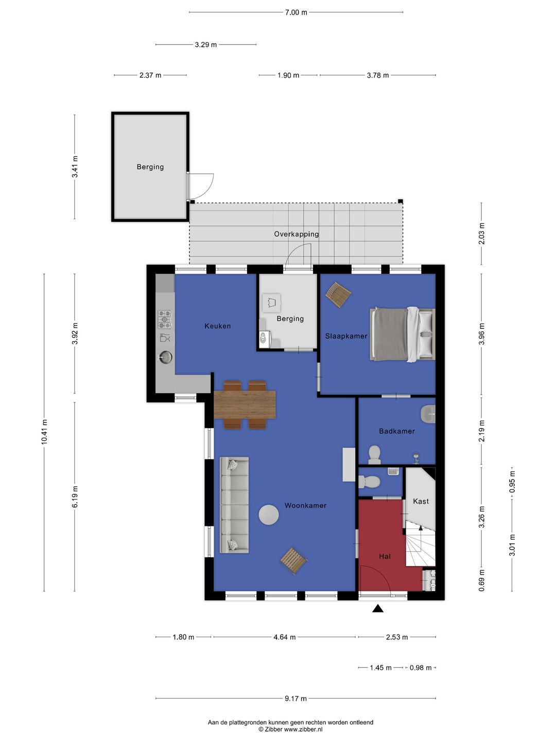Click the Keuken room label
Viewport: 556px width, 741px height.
[x=217, y=326]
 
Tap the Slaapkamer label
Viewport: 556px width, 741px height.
[x=346, y=336]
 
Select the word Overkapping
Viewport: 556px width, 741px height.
[x=296, y=234]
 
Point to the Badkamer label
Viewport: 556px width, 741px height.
[x=396, y=431]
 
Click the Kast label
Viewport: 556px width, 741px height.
[x=421, y=501]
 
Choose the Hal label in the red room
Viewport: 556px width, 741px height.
[x=385, y=556]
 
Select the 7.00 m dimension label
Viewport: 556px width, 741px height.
[x=296, y=12]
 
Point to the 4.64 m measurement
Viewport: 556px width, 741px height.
[x=284, y=637]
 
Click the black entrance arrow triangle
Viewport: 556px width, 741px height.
[x=378, y=608]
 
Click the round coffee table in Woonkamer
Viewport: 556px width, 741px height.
[x=269, y=515]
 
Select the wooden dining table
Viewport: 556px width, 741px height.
[x=245, y=405]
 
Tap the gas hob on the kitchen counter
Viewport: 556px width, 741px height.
[x=165, y=320]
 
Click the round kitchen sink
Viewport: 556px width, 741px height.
[x=165, y=357]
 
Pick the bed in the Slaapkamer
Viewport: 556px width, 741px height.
[x=403, y=334]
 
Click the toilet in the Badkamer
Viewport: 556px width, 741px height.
[x=374, y=454]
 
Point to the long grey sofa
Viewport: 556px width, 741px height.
[x=234, y=505]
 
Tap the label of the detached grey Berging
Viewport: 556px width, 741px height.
[x=150, y=167]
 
